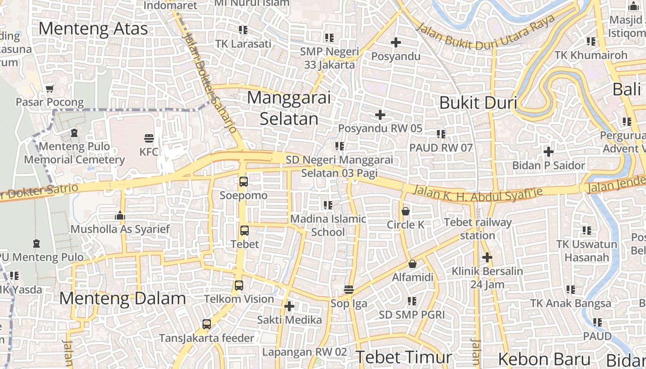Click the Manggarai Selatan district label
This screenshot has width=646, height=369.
(289, 108)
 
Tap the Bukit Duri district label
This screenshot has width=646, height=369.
(478, 103)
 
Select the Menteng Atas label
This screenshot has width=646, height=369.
(93, 29)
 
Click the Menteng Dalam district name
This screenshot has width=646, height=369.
(122, 298)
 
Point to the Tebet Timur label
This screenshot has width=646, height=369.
(404, 357)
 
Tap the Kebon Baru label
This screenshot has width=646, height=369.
(544, 359)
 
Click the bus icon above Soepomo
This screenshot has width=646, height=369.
(243, 182)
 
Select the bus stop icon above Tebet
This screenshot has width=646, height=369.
(245, 230)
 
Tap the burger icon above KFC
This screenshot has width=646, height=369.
(149, 137)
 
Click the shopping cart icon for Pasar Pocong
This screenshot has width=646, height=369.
(50, 88)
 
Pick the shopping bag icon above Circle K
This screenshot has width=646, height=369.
(406, 211)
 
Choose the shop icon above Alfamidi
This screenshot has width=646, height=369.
(413, 264)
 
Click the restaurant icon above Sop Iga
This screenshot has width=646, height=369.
(349, 290)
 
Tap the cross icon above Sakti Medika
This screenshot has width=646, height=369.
(289, 306)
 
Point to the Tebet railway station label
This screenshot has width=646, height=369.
(478, 229)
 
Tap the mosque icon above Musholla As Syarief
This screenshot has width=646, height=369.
(120, 215)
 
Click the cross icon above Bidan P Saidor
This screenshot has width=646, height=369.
(548, 151)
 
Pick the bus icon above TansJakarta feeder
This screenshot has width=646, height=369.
(207, 324)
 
